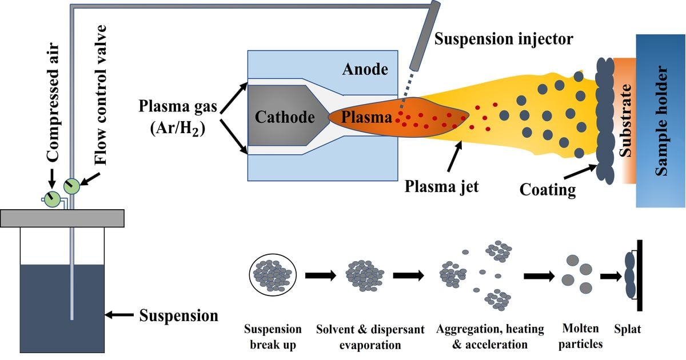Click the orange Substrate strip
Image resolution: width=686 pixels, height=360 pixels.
[x=625, y=120]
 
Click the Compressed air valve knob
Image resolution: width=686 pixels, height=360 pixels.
[x=52, y=198]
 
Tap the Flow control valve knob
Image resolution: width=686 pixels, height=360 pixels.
[x=72, y=186]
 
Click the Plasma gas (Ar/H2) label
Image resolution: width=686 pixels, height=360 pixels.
[x=171, y=117]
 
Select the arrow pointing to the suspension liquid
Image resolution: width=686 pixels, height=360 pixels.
[x=121, y=314]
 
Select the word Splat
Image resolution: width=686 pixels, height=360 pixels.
[x=628, y=330]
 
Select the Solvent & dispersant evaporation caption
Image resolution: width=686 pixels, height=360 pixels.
[x=370, y=337]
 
